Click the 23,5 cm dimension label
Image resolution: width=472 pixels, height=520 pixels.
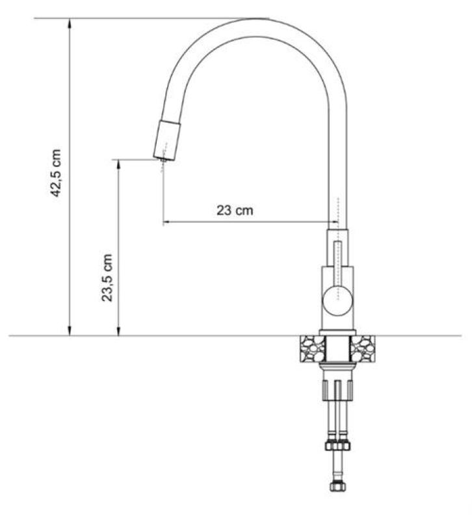108,278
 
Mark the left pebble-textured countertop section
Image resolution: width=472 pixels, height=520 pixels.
310,352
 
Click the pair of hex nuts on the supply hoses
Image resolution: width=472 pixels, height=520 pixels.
338,446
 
